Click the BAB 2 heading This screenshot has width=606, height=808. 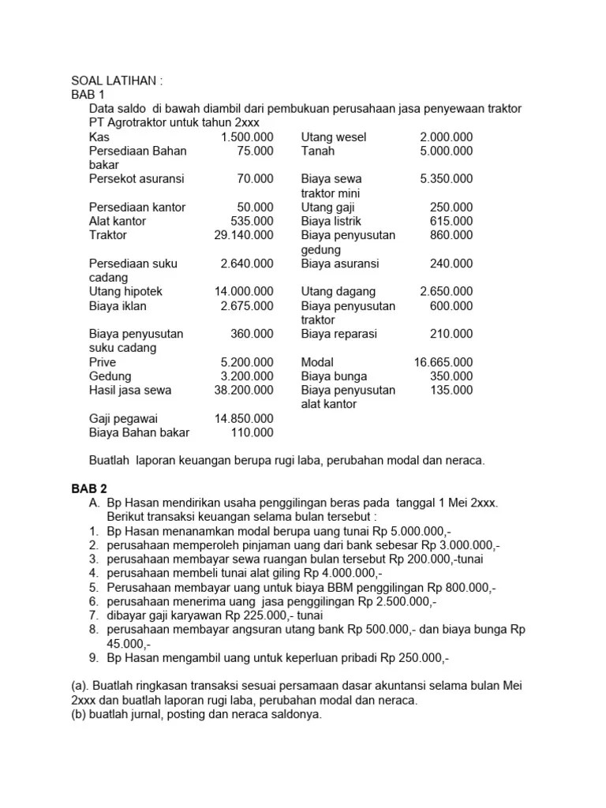tap(88, 489)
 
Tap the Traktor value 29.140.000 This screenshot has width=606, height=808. tap(244, 235)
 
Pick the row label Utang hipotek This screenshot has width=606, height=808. tap(127, 292)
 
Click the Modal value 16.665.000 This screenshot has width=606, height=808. tap(443, 362)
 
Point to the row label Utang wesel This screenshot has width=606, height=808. tap(334, 137)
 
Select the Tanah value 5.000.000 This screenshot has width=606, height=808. tap(447, 151)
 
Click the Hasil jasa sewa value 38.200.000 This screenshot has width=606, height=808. tap(244, 390)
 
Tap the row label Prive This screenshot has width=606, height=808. tap(103, 362)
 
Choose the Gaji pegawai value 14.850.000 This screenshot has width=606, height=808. tap(244, 418)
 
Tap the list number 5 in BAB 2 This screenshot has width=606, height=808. tap(92, 588)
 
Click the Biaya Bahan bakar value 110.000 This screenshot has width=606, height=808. tap(252, 432)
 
